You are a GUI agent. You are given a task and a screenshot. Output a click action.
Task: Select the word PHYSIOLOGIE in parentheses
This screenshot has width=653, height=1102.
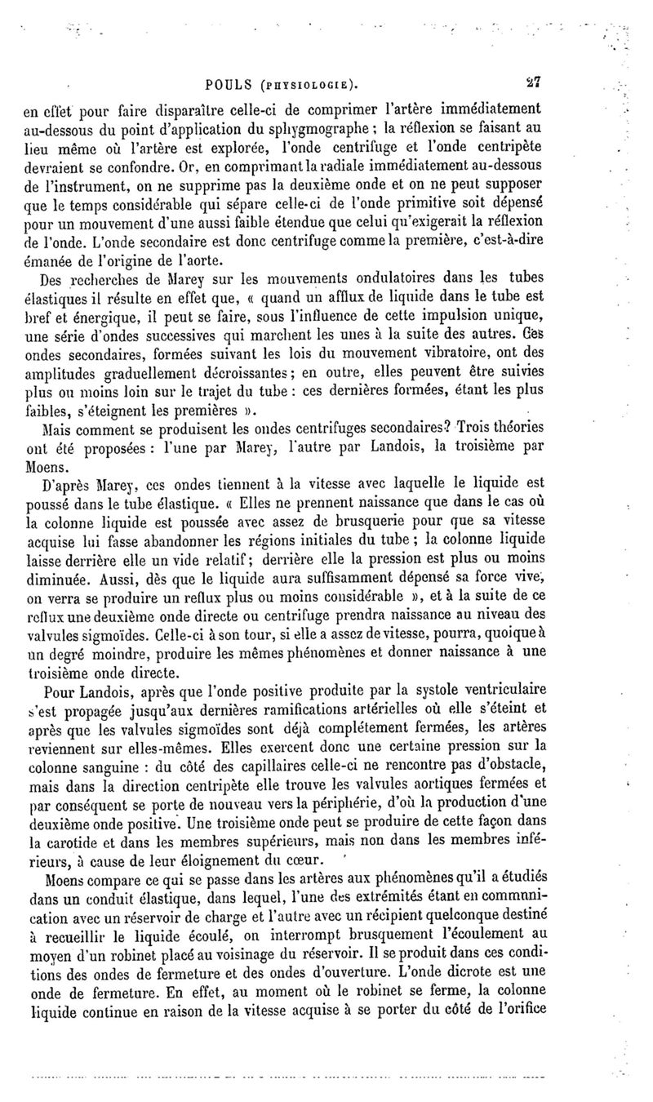[x=307, y=84]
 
